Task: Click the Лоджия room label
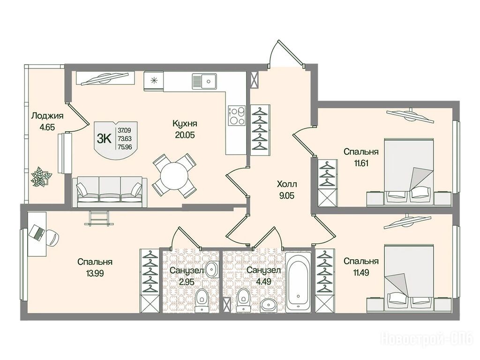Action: [x=47, y=116]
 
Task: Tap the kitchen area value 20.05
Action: [x=185, y=135]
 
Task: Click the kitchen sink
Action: [x=204, y=81]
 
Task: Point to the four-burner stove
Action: [x=237, y=115]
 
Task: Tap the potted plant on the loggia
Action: [x=41, y=176]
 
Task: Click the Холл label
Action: [x=287, y=184]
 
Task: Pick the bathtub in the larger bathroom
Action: [x=298, y=282]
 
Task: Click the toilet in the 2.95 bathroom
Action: [x=202, y=300]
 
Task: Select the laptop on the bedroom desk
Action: [x=36, y=232]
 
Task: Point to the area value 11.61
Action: [x=361, y=163]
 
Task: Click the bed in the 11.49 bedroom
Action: [x=409, y=278]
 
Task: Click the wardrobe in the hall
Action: [x=261, y=127]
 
